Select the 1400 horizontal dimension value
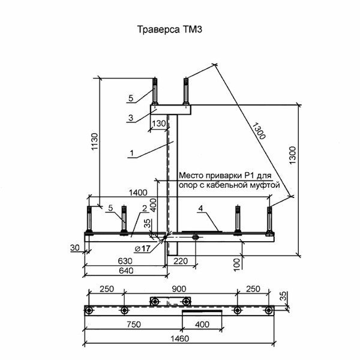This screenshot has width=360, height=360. (x=137, y=192)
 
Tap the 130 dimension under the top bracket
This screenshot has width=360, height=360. (x=158, y=124)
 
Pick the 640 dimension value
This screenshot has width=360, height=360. (x=124, y=271)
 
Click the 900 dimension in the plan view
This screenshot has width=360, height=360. (x=180, y=289)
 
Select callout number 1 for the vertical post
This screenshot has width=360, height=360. (x=130, y=153)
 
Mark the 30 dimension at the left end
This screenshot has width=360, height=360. (x=74, y=247)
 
